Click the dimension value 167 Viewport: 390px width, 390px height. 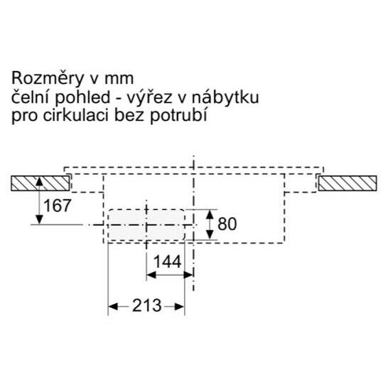[x=58, y=206]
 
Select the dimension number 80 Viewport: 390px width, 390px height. [x=227, y=224]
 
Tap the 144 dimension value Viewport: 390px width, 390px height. [x=168, y=261]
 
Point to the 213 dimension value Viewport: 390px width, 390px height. [x=147, y=305]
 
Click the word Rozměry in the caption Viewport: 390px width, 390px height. [x=48, y=79]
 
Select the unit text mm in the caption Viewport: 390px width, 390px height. [x=119, y=79]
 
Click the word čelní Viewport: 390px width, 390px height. [x=31, y=97]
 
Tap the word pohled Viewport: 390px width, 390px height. [x=82, y=98]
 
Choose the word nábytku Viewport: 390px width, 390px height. [x=225, y=97]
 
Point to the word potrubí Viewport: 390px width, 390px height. [x=178, y=117]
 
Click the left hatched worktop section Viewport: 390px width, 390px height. [x=40, y=183]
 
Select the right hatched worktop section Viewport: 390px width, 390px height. [x=347, y=183]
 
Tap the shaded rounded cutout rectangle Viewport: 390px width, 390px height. [x=146, y=225]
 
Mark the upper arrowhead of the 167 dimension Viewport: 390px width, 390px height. [x=39, y=181]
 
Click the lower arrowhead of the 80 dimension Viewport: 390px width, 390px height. [x=210, y=234]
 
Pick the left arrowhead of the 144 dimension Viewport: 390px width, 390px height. [x=151, y=275]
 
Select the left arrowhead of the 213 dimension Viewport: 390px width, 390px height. [x=113, y=307]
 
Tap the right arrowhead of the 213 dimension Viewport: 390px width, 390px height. [x=179, y=307]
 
